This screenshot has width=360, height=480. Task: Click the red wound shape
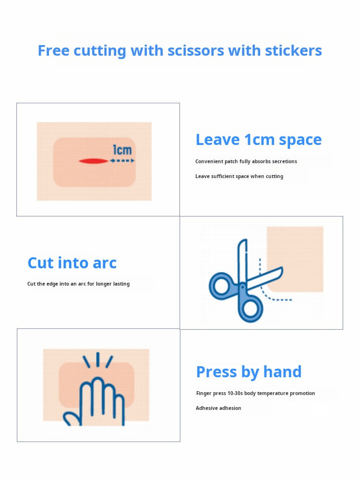[94, 161]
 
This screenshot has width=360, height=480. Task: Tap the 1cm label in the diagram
[122, 150]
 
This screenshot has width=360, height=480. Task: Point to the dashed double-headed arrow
[122, 161]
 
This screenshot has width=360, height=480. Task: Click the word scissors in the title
[196, 50]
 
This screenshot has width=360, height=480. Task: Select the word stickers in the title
[293, 50]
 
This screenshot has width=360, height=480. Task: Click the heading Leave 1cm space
[259, 140]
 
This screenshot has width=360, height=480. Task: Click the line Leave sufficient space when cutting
[239, 176]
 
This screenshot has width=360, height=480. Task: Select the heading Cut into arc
[72, 263]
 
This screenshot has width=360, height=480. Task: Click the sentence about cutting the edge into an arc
[78, 284]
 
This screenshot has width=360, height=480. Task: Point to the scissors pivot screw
[242, 287]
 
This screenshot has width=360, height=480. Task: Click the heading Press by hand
[249, 372]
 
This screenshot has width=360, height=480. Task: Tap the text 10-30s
[235, 394]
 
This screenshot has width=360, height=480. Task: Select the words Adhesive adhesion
[218, 408]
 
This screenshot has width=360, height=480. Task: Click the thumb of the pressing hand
[71, 419]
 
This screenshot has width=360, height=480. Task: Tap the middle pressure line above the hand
[97, 360]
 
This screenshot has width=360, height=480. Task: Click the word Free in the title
[54, 50]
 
